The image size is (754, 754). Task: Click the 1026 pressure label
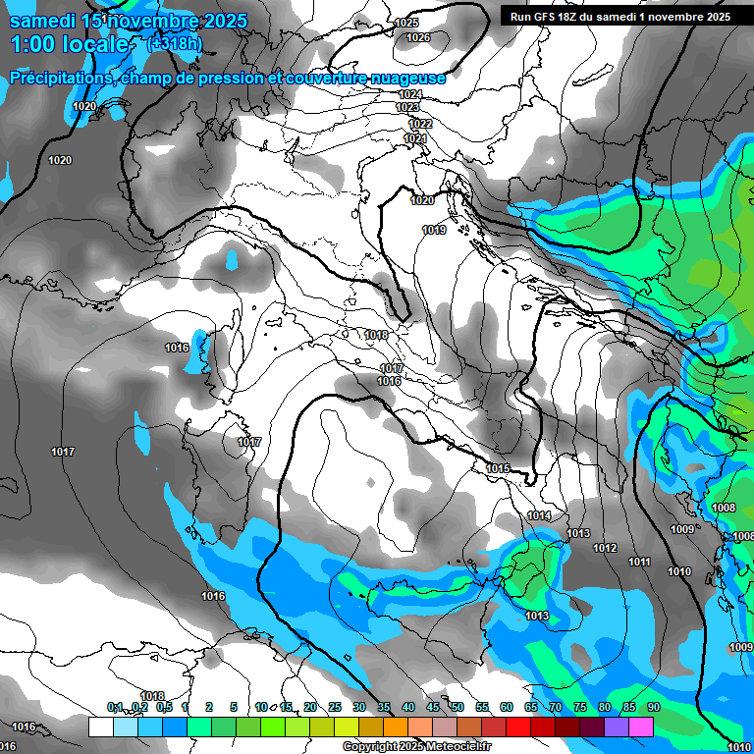[418, 37]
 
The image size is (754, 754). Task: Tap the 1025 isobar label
[405, 23]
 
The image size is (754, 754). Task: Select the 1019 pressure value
[434, 230]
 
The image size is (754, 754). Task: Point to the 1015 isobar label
[498, 469]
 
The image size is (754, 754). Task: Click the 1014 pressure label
[539, 515]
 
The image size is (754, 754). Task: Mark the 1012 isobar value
[605, 548]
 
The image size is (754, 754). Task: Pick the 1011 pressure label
[640, 562]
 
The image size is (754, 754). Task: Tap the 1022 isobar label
[420, 124]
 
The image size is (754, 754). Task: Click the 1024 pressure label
[410, 94]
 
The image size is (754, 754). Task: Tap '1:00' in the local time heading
[34, 44]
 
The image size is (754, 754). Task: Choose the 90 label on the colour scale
[653, 708]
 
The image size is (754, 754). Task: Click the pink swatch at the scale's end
[641, 727]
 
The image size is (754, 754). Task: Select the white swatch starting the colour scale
[100, 727]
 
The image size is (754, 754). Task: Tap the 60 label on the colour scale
[506, 708]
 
